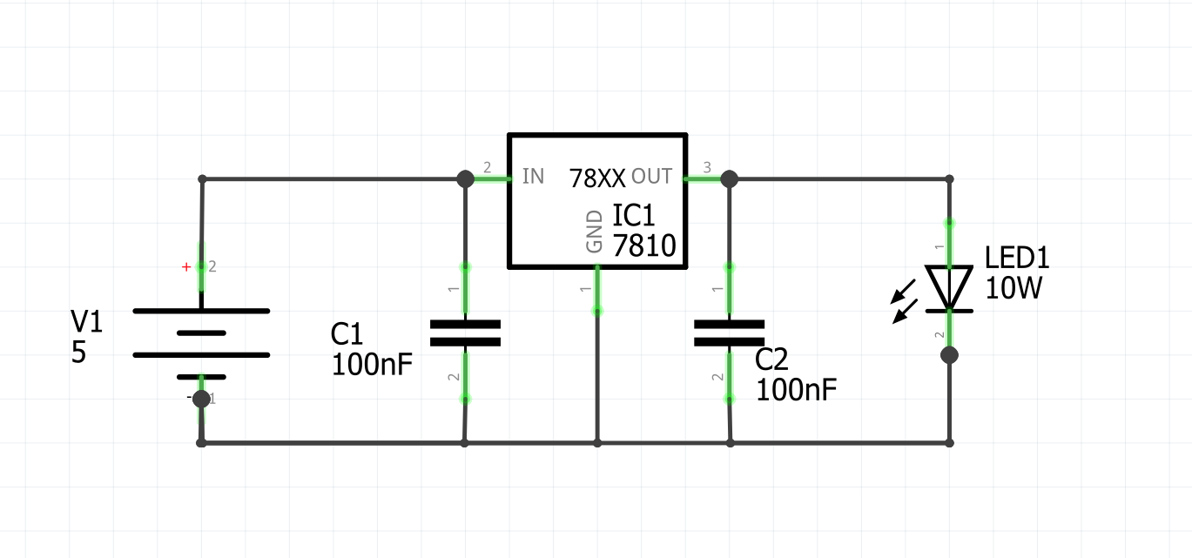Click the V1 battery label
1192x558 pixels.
pos(86,323)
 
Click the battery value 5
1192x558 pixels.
pos(78,353)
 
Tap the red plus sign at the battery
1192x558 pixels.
pos(185,267)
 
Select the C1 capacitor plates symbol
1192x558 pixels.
pos(465,333)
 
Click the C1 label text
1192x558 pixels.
pos(347,334)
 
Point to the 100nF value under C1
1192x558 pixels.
pos(372,364)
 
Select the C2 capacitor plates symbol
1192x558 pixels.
pos(729,333)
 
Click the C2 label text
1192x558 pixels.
pos(771,360)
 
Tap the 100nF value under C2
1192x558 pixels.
pos(796,390)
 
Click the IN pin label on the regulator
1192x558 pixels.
pos(533,177)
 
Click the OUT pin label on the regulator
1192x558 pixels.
pos(651,177)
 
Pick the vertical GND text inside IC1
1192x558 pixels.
pos(595,231)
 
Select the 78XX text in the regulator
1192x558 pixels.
pos(597,179)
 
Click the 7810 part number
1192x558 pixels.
pos(644,247)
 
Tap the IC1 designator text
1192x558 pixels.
pos(633,216)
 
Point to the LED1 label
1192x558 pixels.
pos(1017,258)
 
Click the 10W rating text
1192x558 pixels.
pos(1014,288)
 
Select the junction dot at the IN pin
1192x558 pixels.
pos(465,178)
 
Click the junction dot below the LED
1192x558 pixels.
pos(949,355)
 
